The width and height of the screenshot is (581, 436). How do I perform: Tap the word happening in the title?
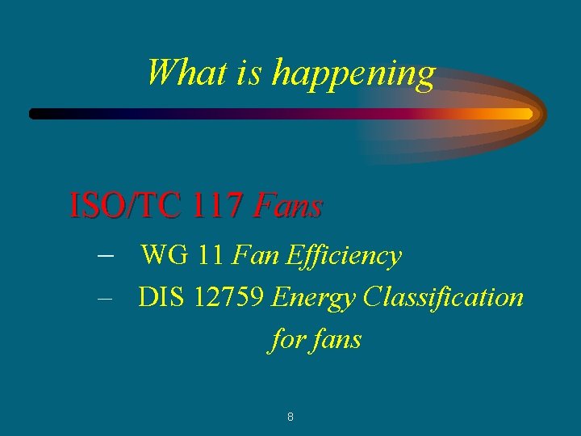pos(353,73)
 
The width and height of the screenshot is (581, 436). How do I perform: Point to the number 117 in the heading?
pos(218,207)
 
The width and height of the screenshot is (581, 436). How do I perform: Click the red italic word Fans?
pos(287,207)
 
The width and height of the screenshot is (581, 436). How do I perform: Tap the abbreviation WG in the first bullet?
pos(165,256)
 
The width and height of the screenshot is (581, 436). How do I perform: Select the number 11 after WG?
pos(211,256)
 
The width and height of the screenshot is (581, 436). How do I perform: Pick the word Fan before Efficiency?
pos(254,256)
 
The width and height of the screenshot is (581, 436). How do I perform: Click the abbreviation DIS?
pos(161,297)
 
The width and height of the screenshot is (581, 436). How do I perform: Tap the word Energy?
pos(313,299)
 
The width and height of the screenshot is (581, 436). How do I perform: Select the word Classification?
pos(443,297)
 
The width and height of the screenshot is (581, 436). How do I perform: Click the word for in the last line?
pos(285,339)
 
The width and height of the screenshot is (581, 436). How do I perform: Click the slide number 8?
pos(290,417)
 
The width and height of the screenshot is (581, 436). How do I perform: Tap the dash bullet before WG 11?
pos(104,255)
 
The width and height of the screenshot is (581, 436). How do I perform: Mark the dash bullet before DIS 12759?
pos(102,297)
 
